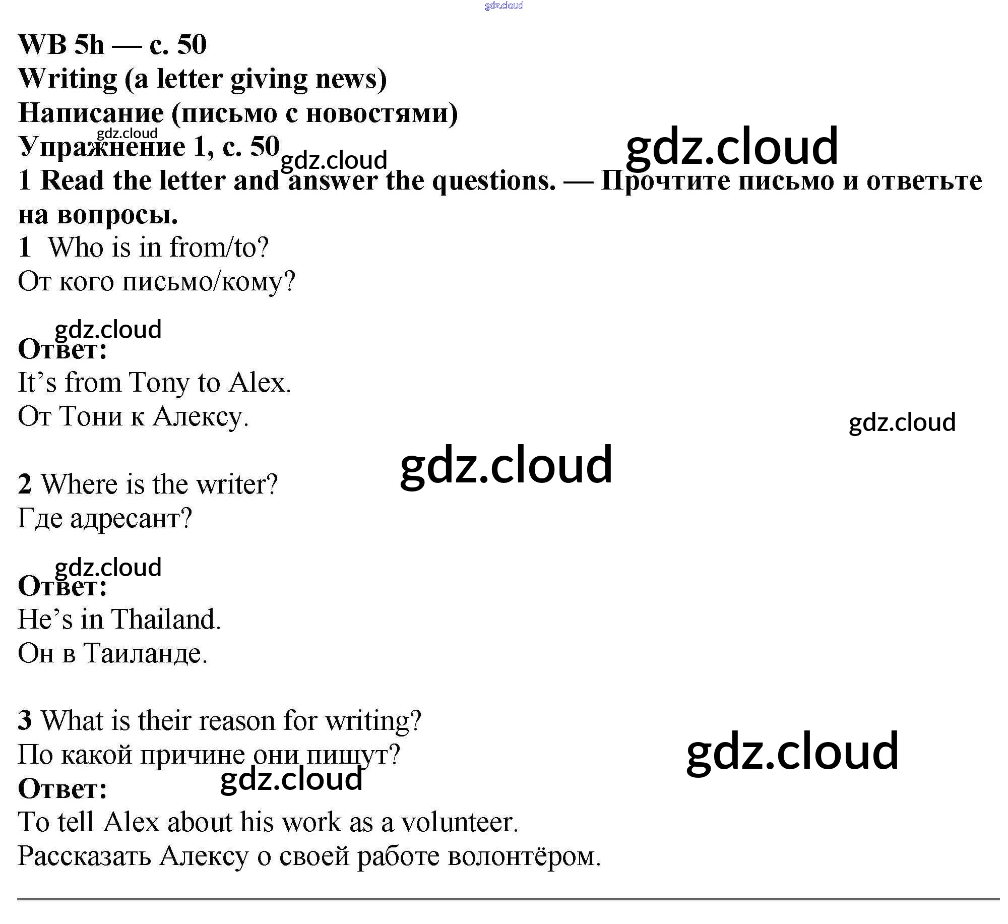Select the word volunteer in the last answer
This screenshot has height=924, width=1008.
point(459,822)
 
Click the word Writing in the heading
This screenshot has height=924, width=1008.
point(68,79)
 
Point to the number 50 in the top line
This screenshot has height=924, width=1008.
point(192,44)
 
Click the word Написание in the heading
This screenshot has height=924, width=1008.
point(91,113)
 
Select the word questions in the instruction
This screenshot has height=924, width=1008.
point(494,181)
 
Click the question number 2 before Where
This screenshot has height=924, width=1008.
point(25,484)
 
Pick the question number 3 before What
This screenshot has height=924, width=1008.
point(25,720)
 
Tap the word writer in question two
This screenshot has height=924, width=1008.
point(236,484)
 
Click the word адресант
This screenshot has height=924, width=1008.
point(131,518)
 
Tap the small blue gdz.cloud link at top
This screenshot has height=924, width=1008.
point(504,6)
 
